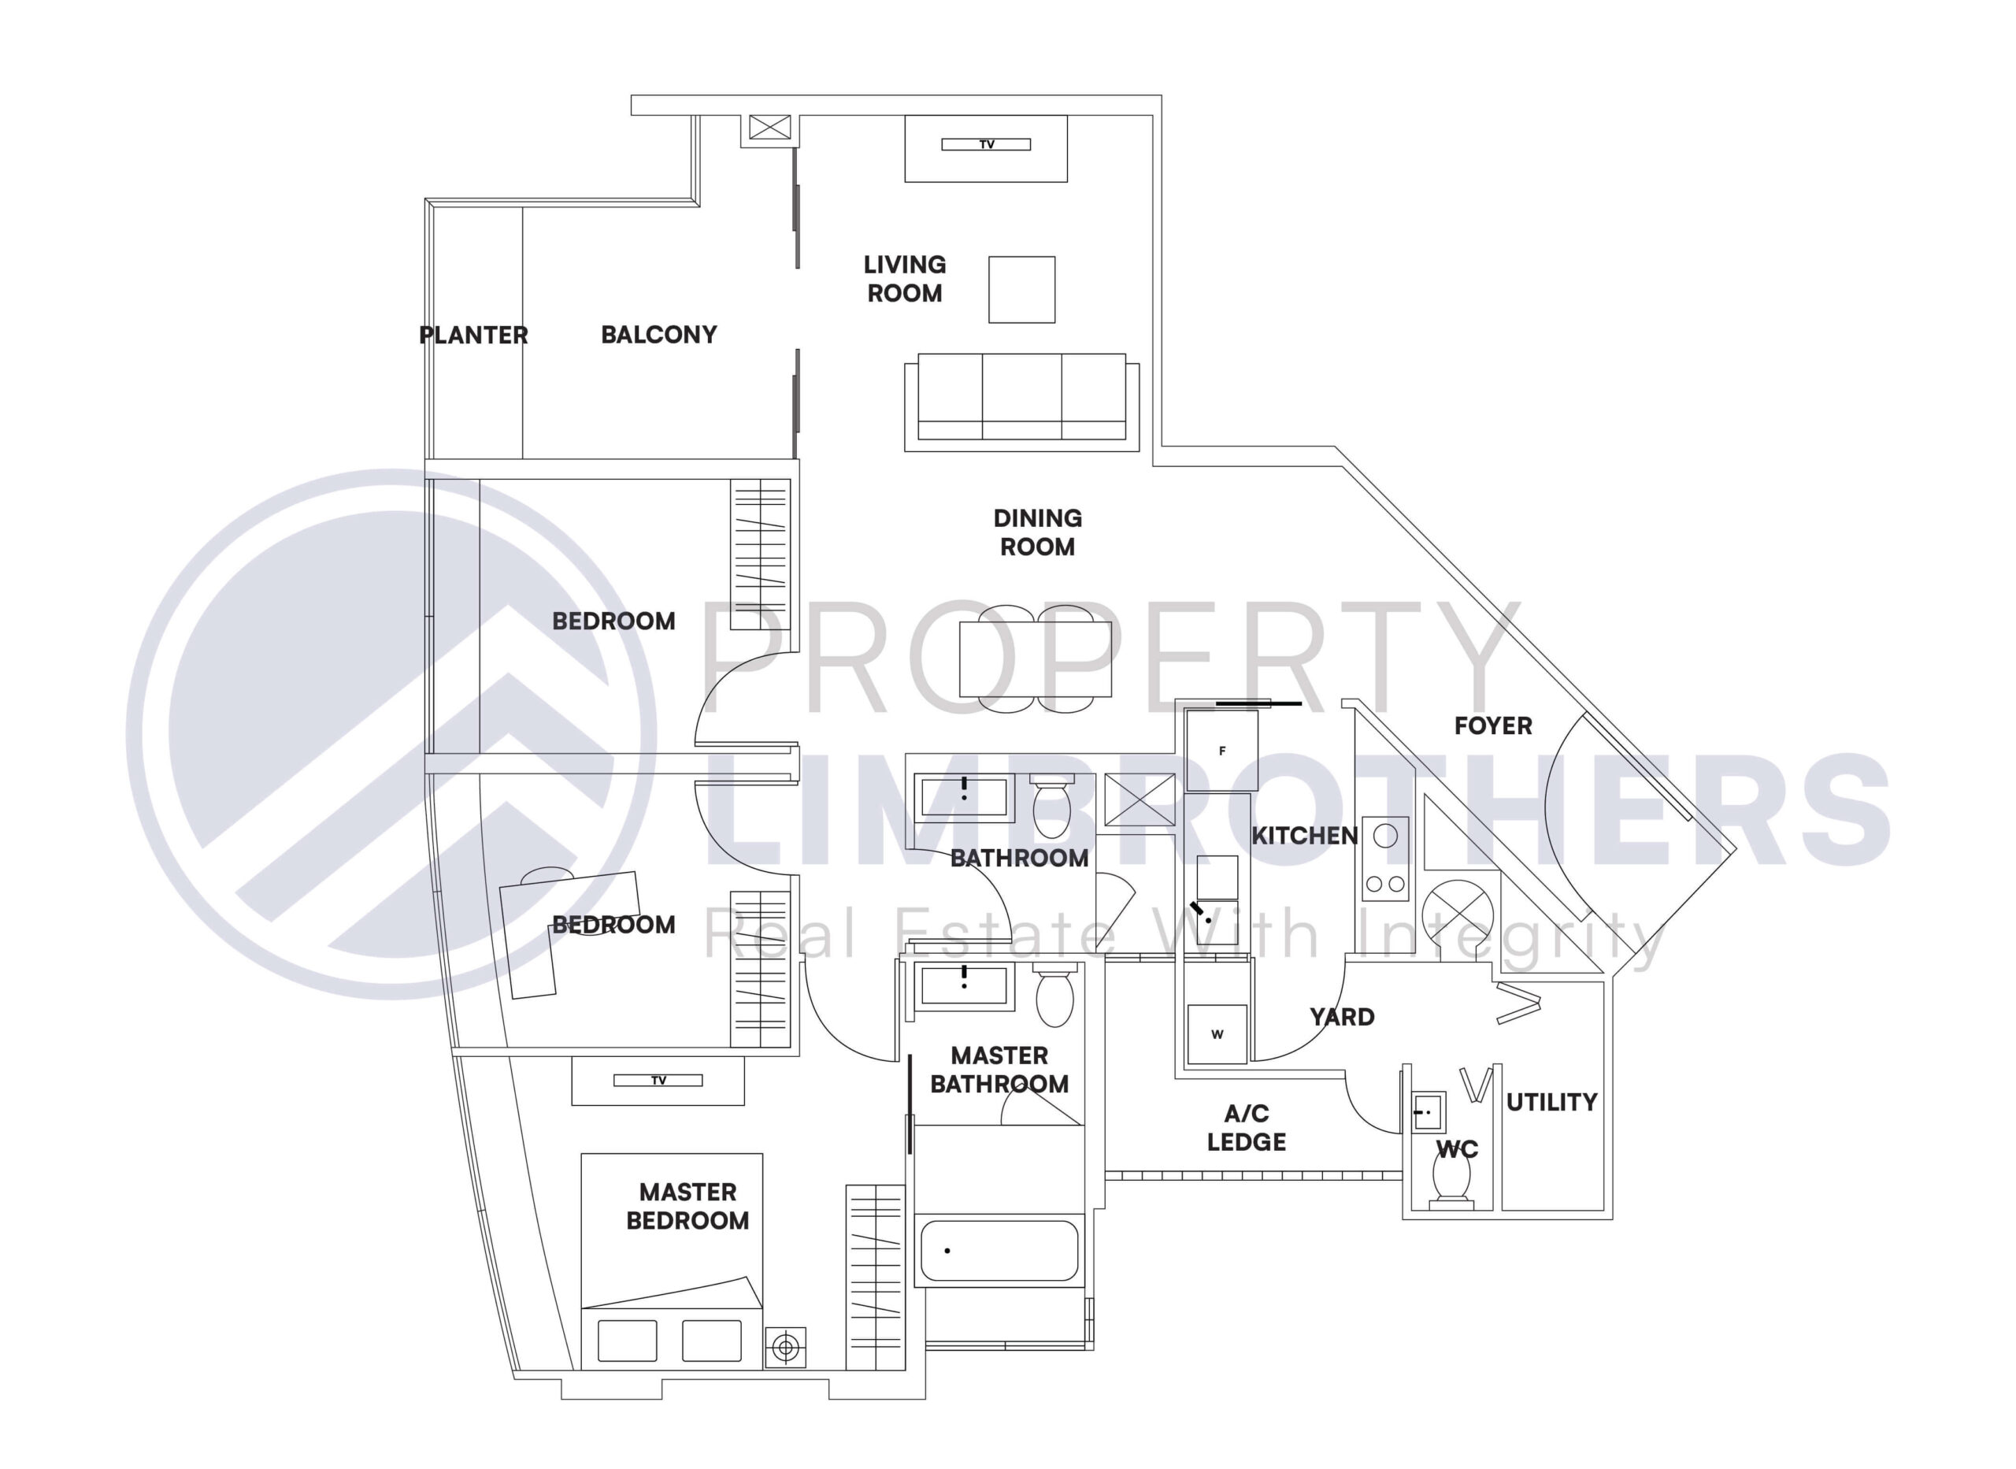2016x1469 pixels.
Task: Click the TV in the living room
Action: click(x=986, y=144)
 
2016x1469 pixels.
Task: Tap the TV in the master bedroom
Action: click(x=658, y=1081)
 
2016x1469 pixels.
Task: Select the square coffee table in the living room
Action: click(x=1022, y=290)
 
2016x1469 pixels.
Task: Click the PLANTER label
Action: click(x=474, y=336)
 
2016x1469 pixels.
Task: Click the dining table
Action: click(x=1036, y=659)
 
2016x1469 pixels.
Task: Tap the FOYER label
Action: click(x=1493, y=725)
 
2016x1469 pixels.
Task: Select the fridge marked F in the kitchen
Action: click(x=1222, y=751)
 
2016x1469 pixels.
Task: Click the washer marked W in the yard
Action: click(x=1217, y=1033)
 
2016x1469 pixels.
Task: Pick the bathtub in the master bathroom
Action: click(x=999, y=1250)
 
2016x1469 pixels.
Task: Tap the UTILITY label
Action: click(x=1552, y=1103)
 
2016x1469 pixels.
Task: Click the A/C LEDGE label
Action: click(x=1247, y=1127)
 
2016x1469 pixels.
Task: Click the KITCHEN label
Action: click(x=1305, y=836)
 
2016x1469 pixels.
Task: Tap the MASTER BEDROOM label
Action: click(x=688, y=1207)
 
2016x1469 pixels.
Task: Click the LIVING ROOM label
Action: click(x=905, y=279)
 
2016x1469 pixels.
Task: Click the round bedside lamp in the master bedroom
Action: click(x=786, y=1348)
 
